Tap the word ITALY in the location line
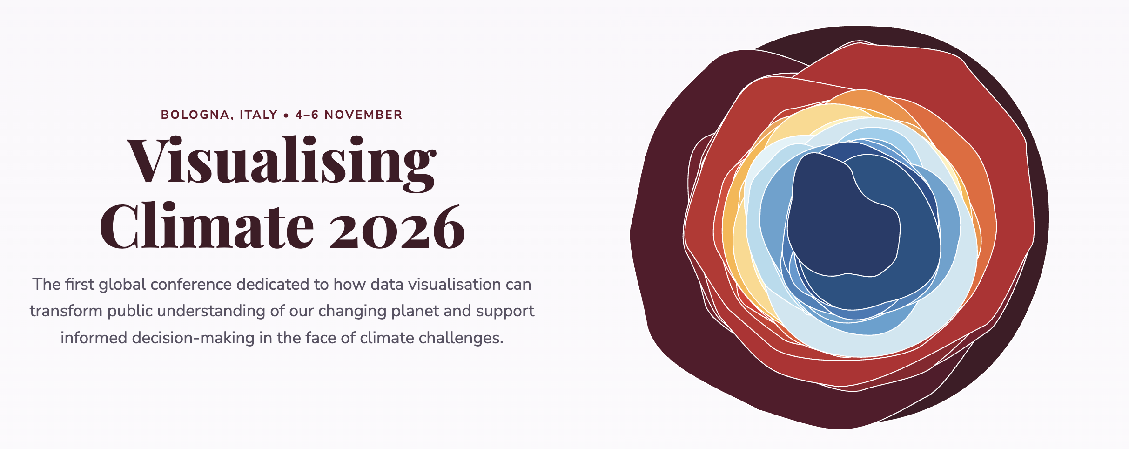click(258, 115)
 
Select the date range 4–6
click(307, 115)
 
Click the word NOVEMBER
click(363, 115)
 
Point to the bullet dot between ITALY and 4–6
click(286, 115)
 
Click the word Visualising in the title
click(282, 163)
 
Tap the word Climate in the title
click(207, 226)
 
